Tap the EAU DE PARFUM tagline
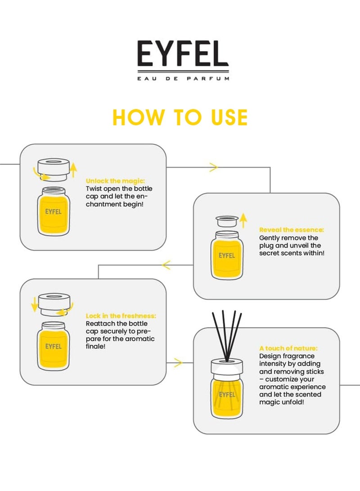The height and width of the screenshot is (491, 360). [183, 79]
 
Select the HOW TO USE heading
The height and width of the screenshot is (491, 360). [180, 117]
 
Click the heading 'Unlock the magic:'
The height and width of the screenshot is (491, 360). [115, 181]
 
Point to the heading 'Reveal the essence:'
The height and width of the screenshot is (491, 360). [292, 230]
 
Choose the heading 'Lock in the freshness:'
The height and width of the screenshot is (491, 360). [121, 315]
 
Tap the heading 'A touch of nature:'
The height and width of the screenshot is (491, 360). [288, 348]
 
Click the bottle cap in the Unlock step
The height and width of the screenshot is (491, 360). [54, 169]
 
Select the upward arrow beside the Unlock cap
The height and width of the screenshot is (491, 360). [73, 170]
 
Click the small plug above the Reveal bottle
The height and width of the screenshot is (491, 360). [227, 221]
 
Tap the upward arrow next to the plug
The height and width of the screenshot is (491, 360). [243, 221]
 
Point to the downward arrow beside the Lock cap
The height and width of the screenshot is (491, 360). [34, 304]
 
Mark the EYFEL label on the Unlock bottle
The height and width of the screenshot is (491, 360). [53, 212]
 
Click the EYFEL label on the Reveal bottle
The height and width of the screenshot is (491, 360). [227, 256]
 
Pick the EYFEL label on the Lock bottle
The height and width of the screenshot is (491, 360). [53, 347]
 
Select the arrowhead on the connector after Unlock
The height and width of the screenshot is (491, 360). [213, 167]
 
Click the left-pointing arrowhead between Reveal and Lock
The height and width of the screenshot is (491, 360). [166, 265]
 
